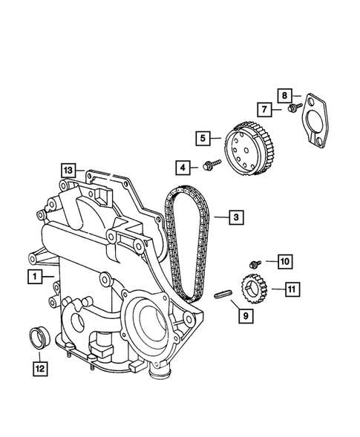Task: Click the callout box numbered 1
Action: pos(34,277)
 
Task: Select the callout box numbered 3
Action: pos(235,217)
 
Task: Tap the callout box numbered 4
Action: pos(183,165)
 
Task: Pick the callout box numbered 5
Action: pos(202,137)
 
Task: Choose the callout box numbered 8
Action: pos(284,95)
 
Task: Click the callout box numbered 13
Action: pos(68,170)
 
